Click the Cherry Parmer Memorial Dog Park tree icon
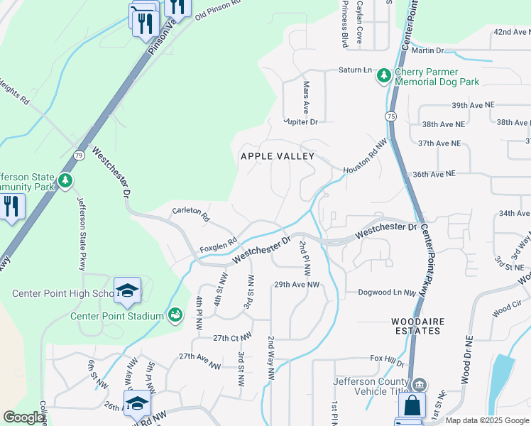pyautogui.click(x=384, y=75)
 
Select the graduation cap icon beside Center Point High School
pyautogui.click(x=127, y=290)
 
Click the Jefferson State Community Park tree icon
pyautogui.click(x=65, y=180)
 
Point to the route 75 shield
pyautogui.click(x=391, y=116)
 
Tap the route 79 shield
pyautogui.click(x=77, y=155)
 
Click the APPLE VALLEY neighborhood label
pyautogui.click(x=277, y=156)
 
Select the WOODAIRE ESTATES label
pyautogui.click(x=418, y=327)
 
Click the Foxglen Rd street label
pyautogui.click(x=217, y=245)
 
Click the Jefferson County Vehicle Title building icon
pyautogui.click(x=420, y=385)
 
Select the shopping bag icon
pyautogui.click(x=411, y=408)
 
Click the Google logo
pyautogui.click(x=23, y=417)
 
